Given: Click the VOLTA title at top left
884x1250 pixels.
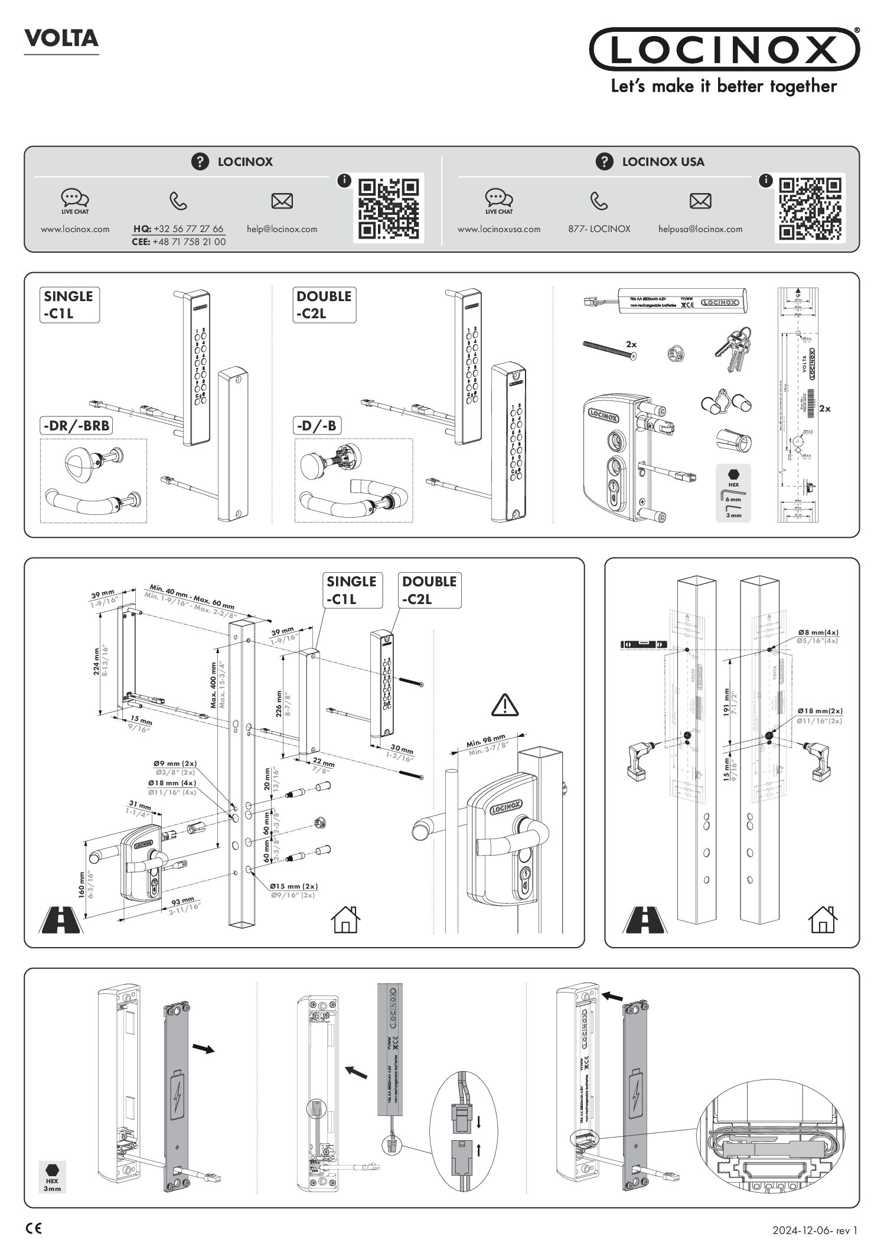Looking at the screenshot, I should (61, 38).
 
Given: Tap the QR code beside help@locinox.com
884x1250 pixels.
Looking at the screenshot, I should (389, 208).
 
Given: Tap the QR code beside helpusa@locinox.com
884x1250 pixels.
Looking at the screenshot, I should (810, 208).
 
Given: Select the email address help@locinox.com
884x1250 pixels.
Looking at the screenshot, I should (282, 229).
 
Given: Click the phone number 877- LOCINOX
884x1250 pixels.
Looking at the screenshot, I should (599, 229).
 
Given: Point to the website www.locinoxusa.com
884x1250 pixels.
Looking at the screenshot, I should (498, 229).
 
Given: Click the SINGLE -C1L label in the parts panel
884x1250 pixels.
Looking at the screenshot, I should (70, 305).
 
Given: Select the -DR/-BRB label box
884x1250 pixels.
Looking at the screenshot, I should (76, 425).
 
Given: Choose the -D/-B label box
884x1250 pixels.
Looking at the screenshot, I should (318, 425).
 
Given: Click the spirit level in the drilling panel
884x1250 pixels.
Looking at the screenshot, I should (644, 644).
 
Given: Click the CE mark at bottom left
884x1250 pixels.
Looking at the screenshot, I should (34, 1229).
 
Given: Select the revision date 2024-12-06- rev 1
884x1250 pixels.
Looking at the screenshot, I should (814, 1231).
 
